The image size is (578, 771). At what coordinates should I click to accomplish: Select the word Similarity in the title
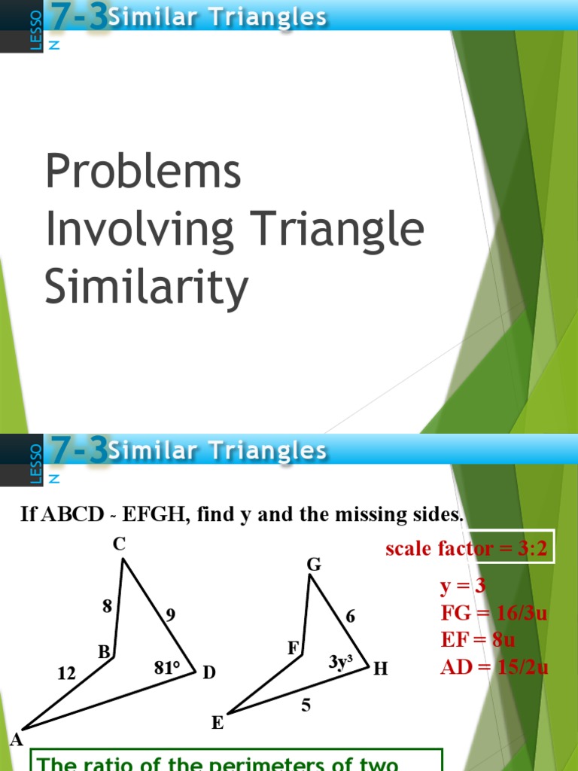(x=146, y=288)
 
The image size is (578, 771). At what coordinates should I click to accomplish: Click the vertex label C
(x=119, y=544)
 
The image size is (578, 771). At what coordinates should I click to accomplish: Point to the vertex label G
(x=314, y=565)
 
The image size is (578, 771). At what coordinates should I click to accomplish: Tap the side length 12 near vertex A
(x=67, y=674)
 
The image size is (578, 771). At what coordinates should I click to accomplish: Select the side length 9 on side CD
(x=171, y=615)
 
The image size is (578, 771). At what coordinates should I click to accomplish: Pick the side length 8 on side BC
(x=108, y=605)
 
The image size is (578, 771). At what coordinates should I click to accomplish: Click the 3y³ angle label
(x=341, y=662)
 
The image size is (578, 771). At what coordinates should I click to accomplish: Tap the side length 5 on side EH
(x=306, y=705)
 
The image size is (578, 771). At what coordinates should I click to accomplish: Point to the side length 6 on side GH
(x=350, y=616)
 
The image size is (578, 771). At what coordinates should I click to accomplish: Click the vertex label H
(x=381, y=669)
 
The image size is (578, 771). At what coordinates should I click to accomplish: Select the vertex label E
(x=218, y=724)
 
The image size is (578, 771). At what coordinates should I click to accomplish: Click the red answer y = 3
(x=464, y=587)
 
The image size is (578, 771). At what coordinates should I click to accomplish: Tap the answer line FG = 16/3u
(x=494, y=613)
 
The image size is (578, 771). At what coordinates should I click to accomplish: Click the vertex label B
(x=104, y=652)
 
